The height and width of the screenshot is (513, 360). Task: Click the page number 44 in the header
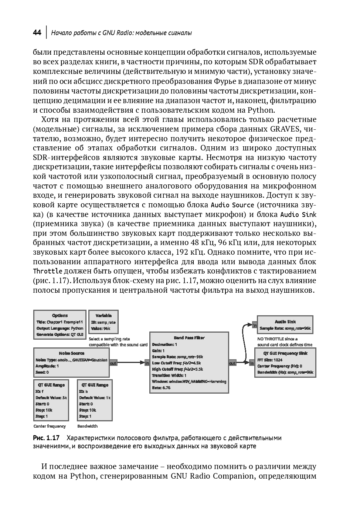[37, 33]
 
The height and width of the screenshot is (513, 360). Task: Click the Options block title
[60, 315]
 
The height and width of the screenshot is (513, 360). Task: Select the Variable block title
[103, 315]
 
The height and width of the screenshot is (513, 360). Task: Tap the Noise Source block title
[72, 353]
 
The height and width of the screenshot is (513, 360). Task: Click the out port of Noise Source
[113, 363]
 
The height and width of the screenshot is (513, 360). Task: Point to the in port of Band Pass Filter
[147, 363]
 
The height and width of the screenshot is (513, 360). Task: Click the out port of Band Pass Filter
[232, 363]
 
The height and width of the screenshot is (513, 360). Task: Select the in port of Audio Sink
[255, 325]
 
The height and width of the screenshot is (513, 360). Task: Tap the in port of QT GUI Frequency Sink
[252, 363]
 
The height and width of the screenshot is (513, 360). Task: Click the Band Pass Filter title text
[189, 337]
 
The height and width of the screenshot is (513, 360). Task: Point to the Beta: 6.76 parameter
[161, 388]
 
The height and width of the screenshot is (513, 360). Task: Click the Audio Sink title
[285, 322]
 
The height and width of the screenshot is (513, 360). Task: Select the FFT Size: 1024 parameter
[270, 360]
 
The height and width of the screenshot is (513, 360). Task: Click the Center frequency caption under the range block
[50, 426]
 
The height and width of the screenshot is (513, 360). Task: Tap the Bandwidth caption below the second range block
[88, 426]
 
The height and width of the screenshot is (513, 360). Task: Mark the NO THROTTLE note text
[278, 339]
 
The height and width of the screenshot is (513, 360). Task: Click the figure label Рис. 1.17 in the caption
[46, 438]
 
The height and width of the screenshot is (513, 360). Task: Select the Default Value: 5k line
[51, 398]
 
